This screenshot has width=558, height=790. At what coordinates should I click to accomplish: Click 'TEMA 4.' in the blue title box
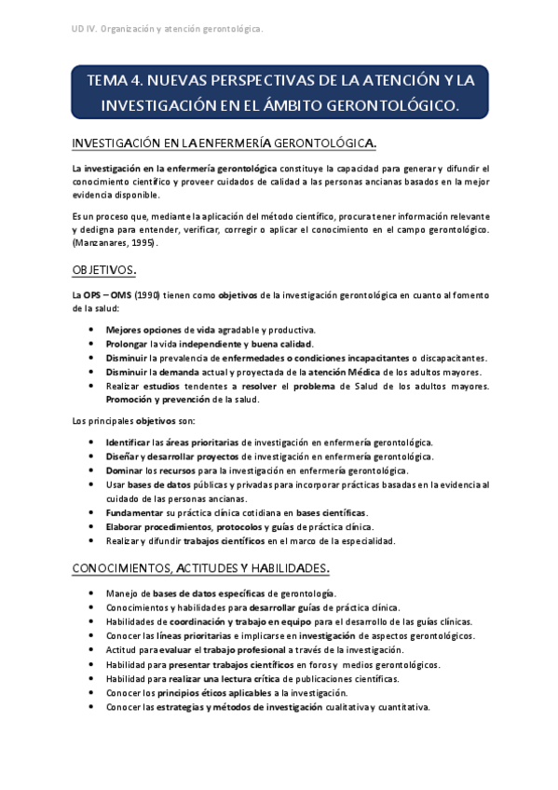coord(114,82)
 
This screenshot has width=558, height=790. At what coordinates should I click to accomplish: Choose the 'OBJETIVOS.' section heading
coord(105,270)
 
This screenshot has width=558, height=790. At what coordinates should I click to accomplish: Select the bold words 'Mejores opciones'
coord(141,330)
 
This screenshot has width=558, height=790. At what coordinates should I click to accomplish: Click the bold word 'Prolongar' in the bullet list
coord(129,344)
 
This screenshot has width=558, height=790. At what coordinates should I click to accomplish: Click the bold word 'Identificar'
coord(128,443)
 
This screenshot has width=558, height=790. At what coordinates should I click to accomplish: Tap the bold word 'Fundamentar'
coord(134,512)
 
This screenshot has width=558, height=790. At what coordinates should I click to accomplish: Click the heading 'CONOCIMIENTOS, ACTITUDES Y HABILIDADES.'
coord(201,568)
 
